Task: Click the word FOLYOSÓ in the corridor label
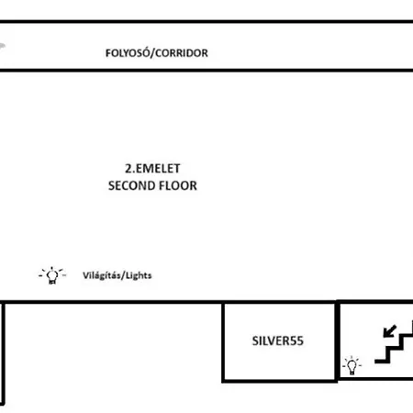[128, 52]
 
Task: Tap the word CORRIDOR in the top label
[182, 53]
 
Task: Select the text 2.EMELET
[152, 168]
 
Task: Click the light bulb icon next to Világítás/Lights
[52, 275]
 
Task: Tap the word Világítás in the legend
[102, 275]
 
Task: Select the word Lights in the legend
[139, 275]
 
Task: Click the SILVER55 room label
[278, 340]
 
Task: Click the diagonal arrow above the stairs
[390, 331]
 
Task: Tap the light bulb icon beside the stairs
[352, 365]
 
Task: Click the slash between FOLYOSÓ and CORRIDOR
[152, 53]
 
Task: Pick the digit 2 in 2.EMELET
[128, 168]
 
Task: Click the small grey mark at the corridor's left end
[3, 47]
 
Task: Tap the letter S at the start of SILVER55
[255, 340]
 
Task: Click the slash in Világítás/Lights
[123, 275]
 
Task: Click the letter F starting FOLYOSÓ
[108, 53]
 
